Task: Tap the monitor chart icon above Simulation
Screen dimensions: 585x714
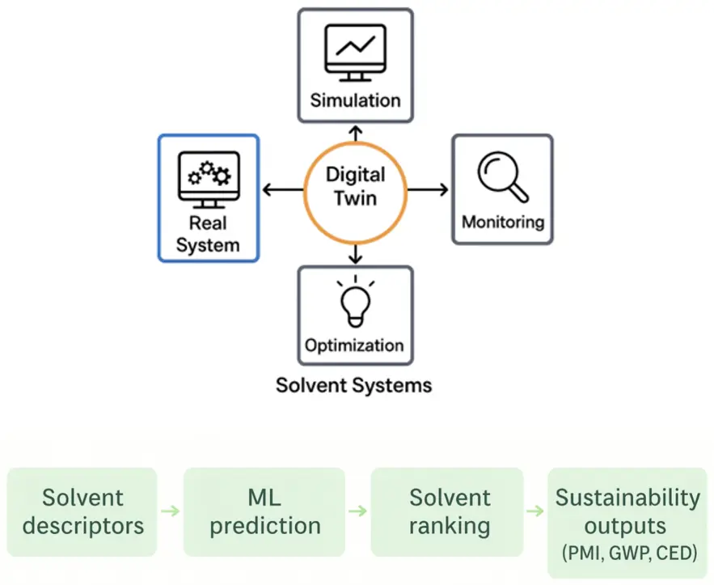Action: (354, 53)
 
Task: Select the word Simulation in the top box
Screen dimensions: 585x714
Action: (355, 101)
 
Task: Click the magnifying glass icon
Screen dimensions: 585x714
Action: (502, 176)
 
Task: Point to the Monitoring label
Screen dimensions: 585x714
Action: (502, 221)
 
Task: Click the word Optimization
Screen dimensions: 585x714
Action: (355, 346)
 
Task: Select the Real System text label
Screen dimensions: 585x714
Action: (208, 234)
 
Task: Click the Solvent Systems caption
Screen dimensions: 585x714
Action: (353, 384)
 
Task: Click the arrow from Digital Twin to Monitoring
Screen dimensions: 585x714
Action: (426, 190)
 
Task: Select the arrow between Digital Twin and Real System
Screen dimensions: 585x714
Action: (283, 190)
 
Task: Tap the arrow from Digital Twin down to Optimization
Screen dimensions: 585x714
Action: (353, 253)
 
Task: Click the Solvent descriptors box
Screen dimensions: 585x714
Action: (82, 511)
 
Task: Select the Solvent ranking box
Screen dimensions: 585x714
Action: (449, 511)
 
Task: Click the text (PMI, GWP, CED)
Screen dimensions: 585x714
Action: (626, 553)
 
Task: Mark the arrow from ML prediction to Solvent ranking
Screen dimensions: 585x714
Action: (356, 511)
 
